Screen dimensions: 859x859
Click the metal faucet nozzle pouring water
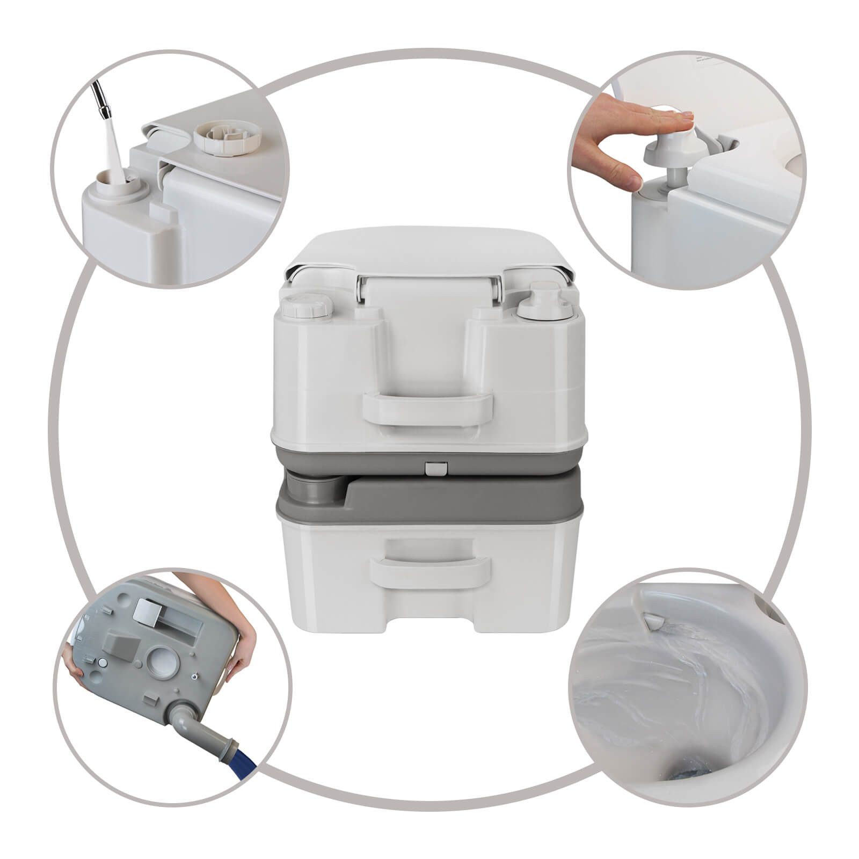coord(102,100)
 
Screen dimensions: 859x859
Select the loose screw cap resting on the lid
coord(228,137)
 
